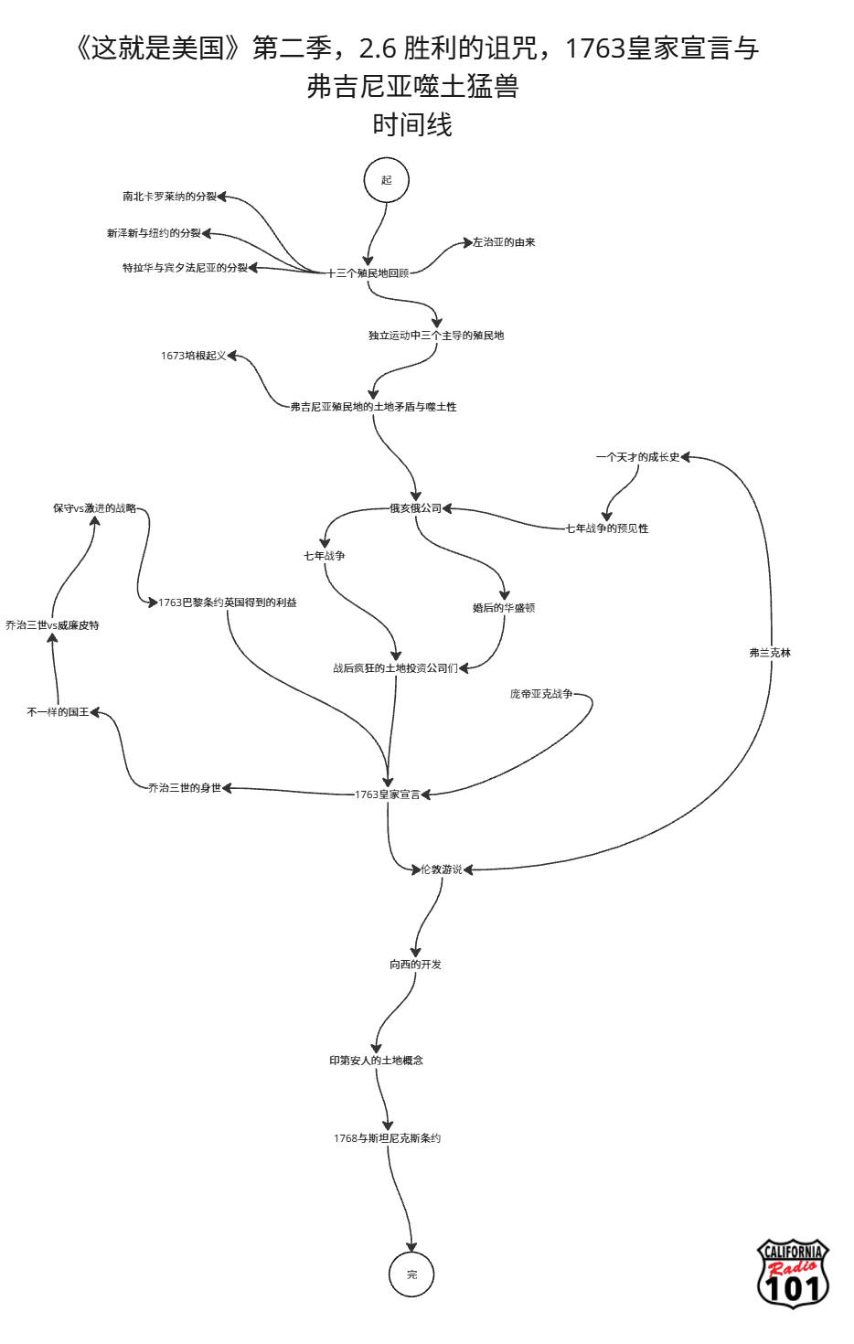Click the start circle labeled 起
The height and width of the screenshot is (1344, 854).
[386, 180]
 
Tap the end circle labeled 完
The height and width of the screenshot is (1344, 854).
[411, 1275]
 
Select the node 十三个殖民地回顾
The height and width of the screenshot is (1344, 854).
[368, 273]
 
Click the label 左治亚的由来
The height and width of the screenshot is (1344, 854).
[504, 242]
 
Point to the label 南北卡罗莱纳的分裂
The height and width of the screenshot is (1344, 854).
[169, 197]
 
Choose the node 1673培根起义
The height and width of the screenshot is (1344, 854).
[193, 356]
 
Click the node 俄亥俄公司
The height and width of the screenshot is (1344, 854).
[415, 508]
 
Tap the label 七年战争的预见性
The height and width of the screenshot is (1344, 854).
[607, 528]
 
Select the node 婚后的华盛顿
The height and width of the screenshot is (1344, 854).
[504, 608]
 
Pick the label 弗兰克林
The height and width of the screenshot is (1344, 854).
[770, 653]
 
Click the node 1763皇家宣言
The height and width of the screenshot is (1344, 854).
[388, 795]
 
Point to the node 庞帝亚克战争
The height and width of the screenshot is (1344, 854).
[541, 694]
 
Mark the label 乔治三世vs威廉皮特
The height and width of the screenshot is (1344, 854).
[52, 625]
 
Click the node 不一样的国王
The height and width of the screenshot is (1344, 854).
[59, 712]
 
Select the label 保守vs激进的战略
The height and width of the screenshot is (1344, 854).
[94, 508]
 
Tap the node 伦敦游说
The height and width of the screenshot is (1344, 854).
[442, 869]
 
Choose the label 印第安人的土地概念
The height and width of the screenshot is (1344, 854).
[377, 1061]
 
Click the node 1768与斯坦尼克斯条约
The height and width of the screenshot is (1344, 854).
[387, 1138]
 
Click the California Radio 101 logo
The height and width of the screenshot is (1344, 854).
[793, 1274]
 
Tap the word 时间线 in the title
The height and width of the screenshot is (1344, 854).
[412, 124]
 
